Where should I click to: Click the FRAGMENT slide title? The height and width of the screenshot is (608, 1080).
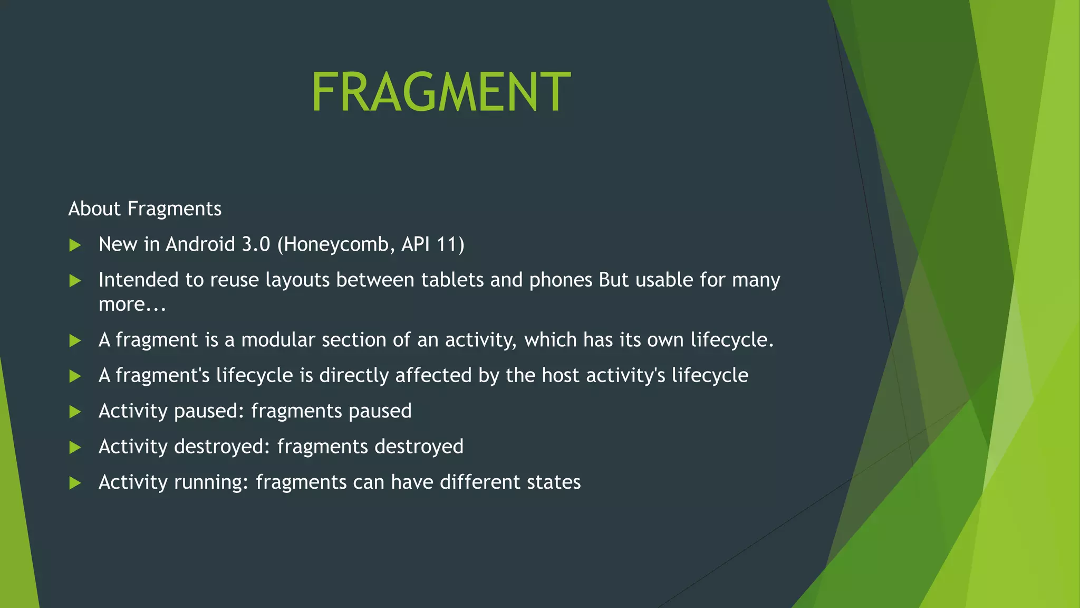pyautogui.click(x=441, y=92)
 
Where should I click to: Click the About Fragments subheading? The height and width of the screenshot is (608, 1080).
pyautogui.click(x=145, y=209)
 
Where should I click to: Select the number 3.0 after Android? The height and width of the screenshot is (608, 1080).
pyautogui.click(x=256, y=244)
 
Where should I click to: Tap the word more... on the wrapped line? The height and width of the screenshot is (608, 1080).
pyautogui.click(x=132, y=305)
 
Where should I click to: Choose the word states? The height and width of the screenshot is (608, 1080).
pyautogui.click(x=554, y=482)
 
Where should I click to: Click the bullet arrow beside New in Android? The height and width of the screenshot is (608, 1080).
pyautogui.click(x=75, y=245)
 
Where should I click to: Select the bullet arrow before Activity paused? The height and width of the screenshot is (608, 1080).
pyautogui.click(x=75, y=412)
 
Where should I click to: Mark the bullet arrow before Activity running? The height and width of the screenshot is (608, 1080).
pyautogui.click(x=75, y=483)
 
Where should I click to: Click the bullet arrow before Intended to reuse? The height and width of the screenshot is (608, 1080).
pyautogui.click(x=75, y=281)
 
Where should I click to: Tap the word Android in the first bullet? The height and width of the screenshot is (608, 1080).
pyautogui.click(x=200, y=244)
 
